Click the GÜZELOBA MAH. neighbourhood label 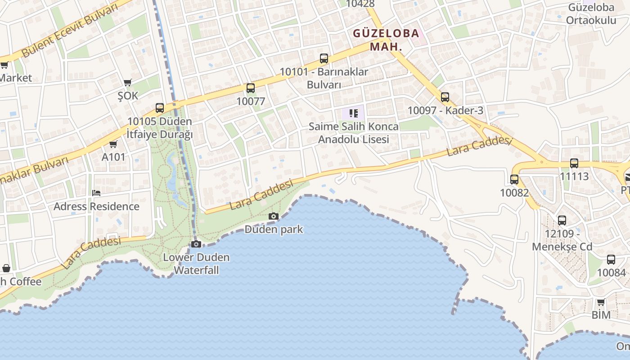(x=386, y=40)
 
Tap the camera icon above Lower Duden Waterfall (x=196, y=244)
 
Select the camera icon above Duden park (x=273, y=216)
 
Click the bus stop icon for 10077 (x=251, y=88)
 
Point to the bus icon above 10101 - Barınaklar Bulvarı (x=324, y=58)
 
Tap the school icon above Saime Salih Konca (x=353, y=113)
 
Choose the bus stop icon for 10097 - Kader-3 (x=445, y=97)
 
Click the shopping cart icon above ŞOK (x=128, y=82)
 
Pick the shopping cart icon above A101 (x=113, y=144)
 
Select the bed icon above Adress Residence (x=96, y=193)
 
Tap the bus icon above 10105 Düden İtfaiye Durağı (x=160, y=108)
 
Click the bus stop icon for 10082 (x=514, y=179)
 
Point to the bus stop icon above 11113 (x=574, y=163)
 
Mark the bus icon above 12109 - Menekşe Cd (x=562, y=220)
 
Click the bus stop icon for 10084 (x=611, y=259)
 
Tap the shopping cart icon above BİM (x=601, y=302)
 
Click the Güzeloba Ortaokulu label (x=591, y=14)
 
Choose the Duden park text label (x=274, y=229)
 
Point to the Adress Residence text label (x=96, y=207)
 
